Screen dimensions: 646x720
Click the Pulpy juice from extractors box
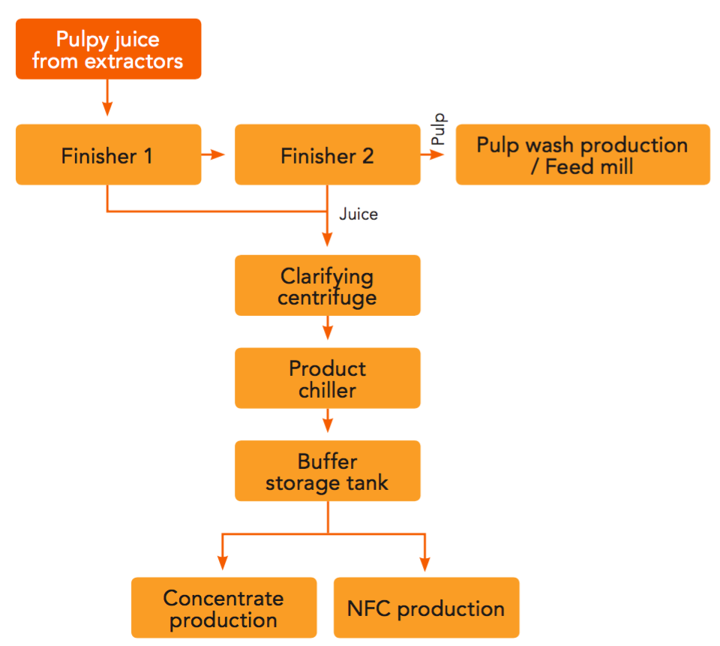click(x=108, y=49)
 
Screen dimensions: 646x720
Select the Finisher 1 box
click(x=108, y=155)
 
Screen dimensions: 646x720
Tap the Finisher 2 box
click(x=327, y=155)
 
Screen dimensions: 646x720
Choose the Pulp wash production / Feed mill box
click(x=582, y=155)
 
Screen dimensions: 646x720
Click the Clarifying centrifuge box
click(x=327, y=285)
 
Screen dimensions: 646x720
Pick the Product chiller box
click(x=327, y=378)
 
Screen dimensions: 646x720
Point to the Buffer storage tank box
click(x=327, y=470)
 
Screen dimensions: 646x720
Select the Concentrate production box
click(x=223, y=608)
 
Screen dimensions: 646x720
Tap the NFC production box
click(x=426, y=608)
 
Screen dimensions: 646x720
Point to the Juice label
click(x=358, y=215)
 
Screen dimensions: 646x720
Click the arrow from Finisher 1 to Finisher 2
click(x=214, y=155)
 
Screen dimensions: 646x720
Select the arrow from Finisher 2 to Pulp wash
click(x=433, y=155)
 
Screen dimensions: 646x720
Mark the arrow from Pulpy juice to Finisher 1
click(x=107, y=98)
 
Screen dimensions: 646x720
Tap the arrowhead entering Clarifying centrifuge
click(x=327, y=240)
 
